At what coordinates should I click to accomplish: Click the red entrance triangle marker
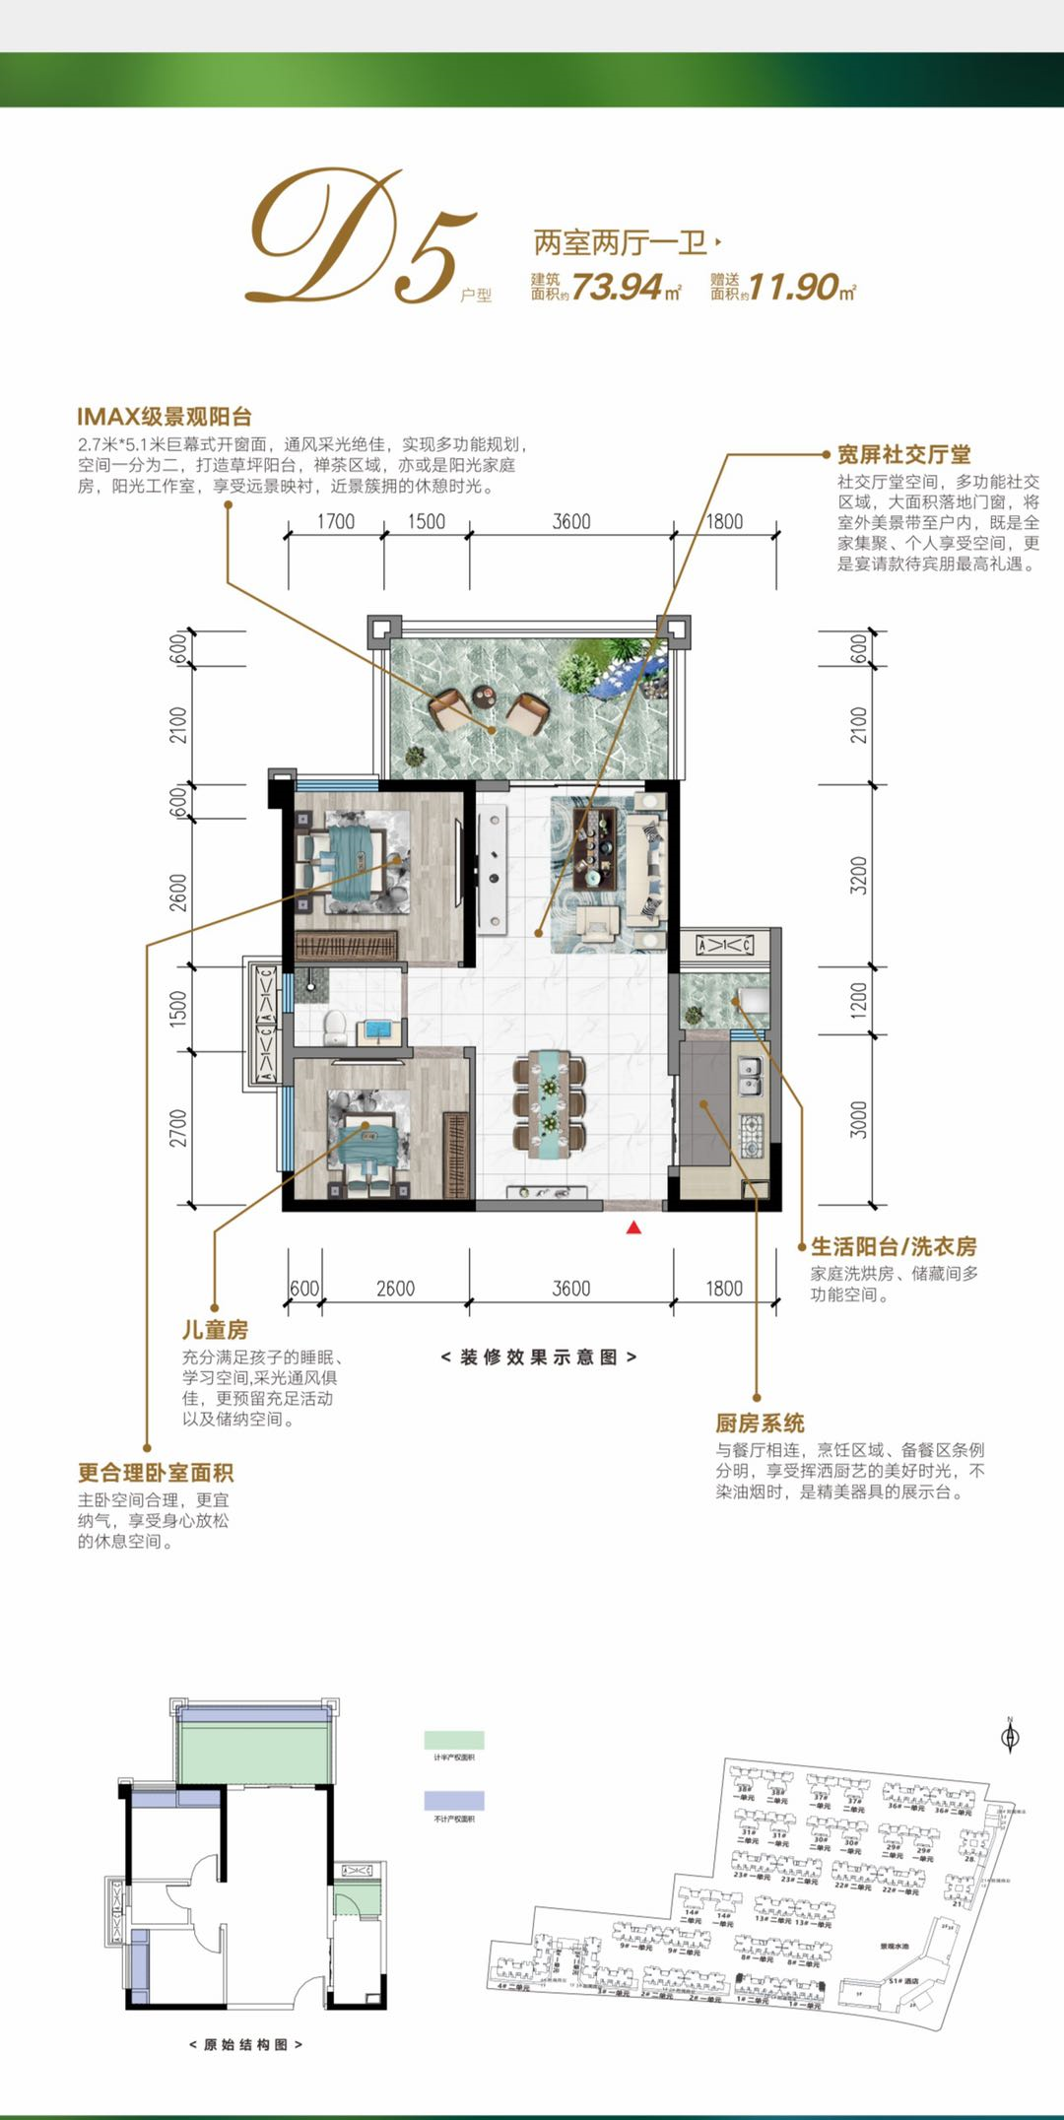click(634, 1226)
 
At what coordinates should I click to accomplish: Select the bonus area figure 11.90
click(794, 287)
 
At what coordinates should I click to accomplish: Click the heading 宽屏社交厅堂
click(903, 454)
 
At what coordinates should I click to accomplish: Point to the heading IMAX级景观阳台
click(165, 417)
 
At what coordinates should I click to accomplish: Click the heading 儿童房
click(215, 1329)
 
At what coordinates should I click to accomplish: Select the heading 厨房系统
click(760, 1423)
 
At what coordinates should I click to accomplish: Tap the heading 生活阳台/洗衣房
click(894, 1246)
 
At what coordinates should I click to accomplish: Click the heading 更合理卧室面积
click(156, 1472)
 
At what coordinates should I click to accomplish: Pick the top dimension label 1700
click(335, 521)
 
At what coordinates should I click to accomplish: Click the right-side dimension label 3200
click(859, 875)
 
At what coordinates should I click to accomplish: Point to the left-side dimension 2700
click(178, 1128)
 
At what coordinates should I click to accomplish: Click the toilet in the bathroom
click(333, 1027)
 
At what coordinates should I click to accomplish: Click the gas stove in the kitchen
click(752, 1134)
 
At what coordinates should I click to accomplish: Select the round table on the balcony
click(484, 696)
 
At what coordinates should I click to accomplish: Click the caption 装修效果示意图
click(538, 1357)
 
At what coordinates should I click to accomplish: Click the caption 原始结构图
click(245, 2044)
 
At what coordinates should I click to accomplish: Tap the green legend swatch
click(453, 1740)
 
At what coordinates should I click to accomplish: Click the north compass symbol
click(1010, 1737)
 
